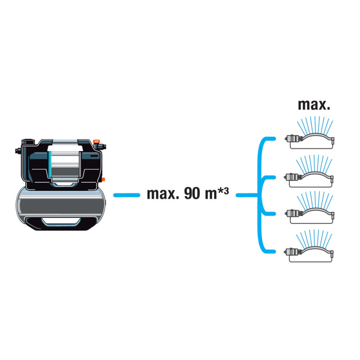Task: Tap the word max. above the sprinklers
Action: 314,105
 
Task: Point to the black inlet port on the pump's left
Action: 17,148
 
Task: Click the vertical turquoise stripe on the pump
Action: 48,166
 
